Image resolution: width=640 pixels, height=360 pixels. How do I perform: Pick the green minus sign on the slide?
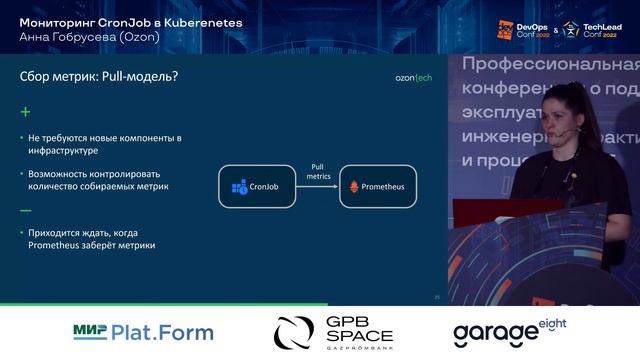26,211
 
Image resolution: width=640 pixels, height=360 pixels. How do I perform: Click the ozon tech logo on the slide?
413,78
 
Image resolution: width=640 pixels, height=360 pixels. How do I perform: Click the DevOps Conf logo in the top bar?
519,29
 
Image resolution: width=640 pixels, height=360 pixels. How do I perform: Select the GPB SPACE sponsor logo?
335,332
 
